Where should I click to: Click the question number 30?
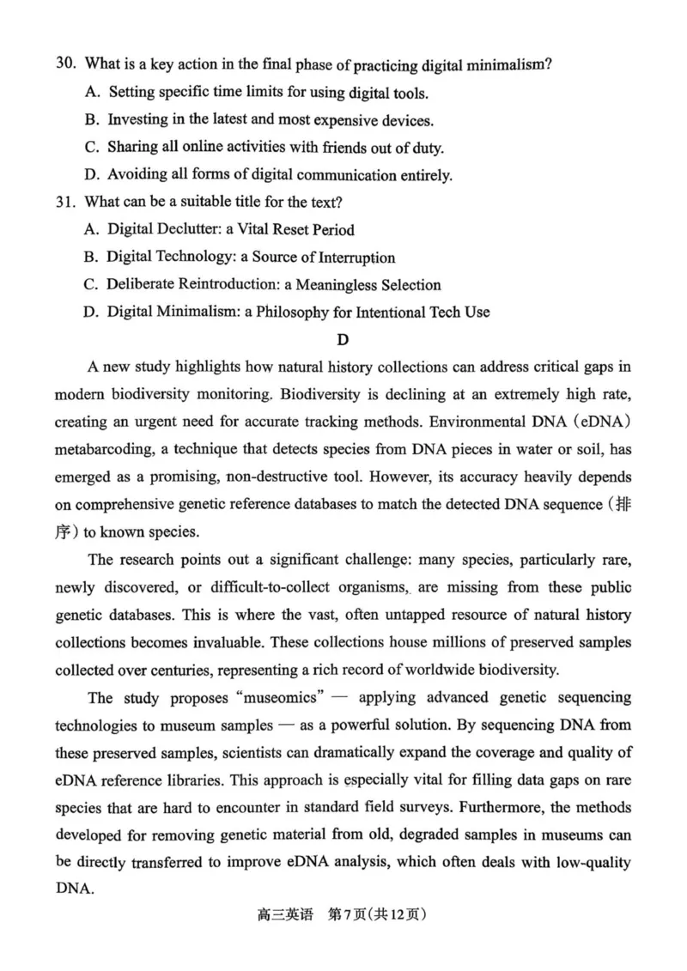(65, 65)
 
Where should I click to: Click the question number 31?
(65, 203)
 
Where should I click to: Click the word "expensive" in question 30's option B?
(339, 120)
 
